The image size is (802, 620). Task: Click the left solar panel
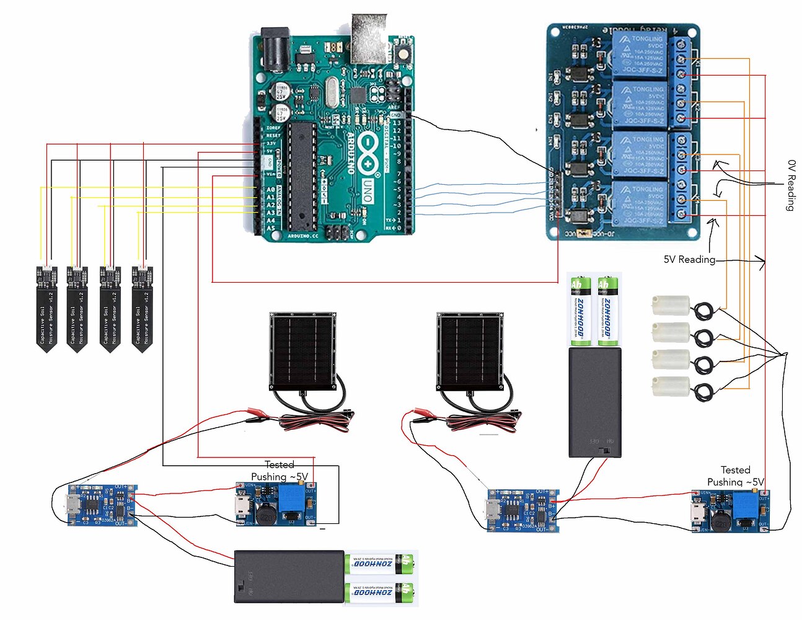click(x=303, y=350)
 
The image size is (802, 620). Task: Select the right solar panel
click(x=470, y=350)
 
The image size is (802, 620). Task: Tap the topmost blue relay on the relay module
click(x=638, y=55)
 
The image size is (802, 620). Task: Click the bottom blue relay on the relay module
click(x=638, y=203)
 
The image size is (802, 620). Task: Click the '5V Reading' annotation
click(x=689, y=260)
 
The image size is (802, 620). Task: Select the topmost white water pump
click(x=671, y=306)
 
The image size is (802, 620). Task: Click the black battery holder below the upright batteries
click(x=594, y=402)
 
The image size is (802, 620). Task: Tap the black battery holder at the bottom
click(x=289, y=576)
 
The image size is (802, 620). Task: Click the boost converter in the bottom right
click(x=731, y=511)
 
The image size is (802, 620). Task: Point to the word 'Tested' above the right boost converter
click(x=735, y=470)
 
